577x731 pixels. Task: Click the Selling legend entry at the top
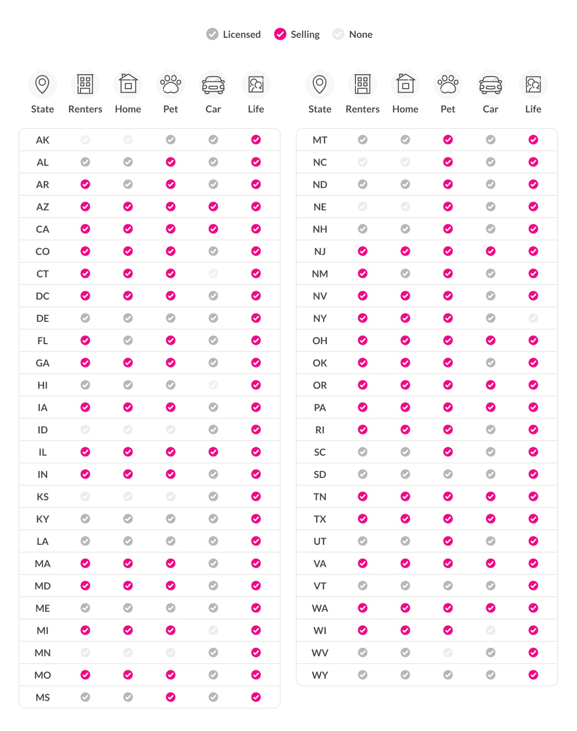pos(297,34)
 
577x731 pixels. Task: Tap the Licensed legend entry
pos(234,34)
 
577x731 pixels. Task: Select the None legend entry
pos(353,34)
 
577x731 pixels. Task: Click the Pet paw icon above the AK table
pos(171,84)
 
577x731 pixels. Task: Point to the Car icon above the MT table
pos(491,84)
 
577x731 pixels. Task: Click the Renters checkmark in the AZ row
pos(85,207)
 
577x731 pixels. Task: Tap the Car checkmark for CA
pos(213,229)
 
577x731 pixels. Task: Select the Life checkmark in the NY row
pos(533,318)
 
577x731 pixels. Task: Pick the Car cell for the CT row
pos(213,273)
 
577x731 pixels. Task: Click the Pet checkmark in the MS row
pos(171,697)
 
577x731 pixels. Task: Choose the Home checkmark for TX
pos(405,519)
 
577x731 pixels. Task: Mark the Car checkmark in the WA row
pos(491,608)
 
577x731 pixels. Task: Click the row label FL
pos(43,341)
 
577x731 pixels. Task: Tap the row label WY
pos(320,675)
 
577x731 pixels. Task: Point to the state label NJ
pos(320,252)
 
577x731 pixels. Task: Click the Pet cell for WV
pos(448,652)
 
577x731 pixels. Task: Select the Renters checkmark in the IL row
pos(85,452)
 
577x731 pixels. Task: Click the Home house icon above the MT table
pos(405,84)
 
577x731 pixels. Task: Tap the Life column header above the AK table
pos(256,109)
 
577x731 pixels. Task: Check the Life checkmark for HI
pos(256,385)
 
